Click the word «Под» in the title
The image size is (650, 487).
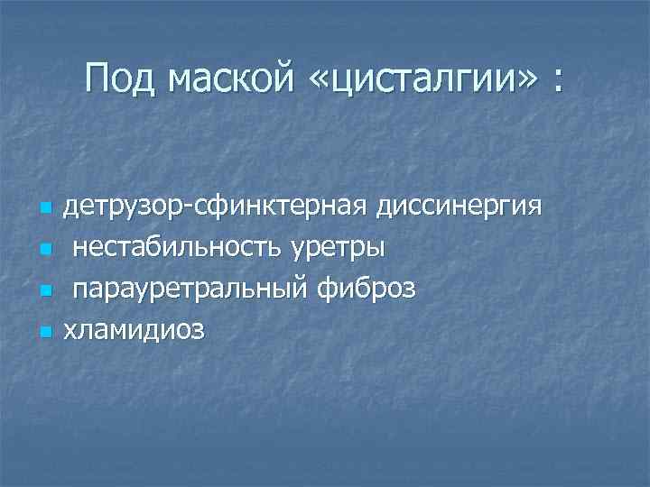123,78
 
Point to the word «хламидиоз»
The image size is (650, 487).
134,330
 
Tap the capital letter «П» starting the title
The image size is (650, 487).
97,78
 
